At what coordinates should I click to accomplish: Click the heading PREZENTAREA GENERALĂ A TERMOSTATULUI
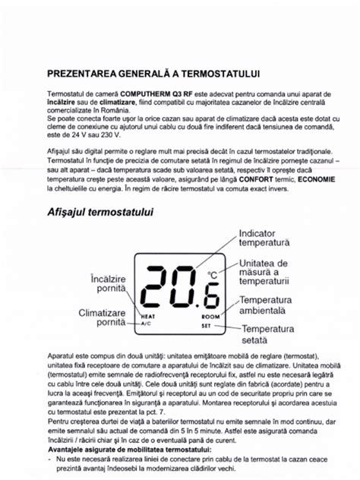point(153,74)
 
